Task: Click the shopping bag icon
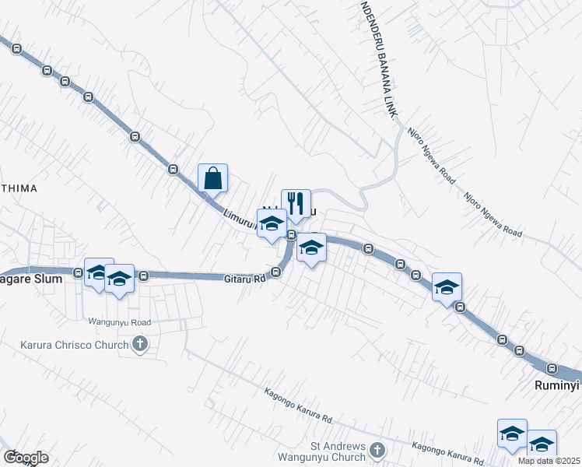point(212,178)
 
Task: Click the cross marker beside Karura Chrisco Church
point(140,343)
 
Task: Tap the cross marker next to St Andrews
point(377,450)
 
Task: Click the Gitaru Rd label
point(245,278)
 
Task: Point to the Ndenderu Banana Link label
point(379,58)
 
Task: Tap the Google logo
point(25,458)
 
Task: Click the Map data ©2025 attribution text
point(549,461)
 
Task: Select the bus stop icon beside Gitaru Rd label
point(276,272)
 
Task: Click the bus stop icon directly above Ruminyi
point(552,368)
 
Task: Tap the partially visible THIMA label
point(19,188)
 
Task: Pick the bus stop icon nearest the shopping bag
point(173,169)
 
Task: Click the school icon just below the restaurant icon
point(311,248)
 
